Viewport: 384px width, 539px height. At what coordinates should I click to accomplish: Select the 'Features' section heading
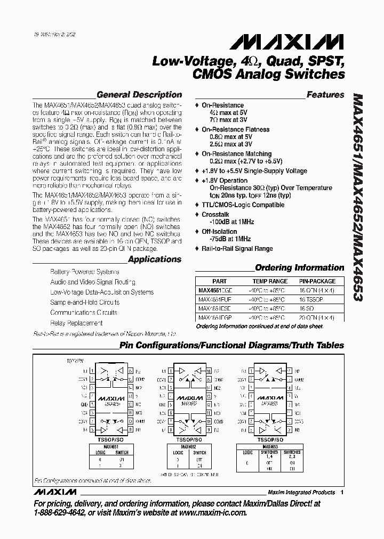point(325,95)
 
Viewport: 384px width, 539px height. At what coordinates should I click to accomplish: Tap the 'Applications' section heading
point(155,259)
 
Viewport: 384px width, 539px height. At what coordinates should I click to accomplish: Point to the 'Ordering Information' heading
point(300,267)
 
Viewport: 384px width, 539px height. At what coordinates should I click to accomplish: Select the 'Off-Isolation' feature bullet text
point(219,232)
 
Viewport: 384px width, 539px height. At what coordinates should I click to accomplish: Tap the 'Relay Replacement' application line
point(76,323)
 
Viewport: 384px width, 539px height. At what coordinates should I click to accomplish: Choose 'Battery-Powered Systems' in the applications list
point(85,272)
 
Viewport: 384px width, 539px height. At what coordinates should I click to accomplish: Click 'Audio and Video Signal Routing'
point(93,282)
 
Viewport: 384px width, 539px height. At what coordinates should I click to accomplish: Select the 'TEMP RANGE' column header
point(270,281)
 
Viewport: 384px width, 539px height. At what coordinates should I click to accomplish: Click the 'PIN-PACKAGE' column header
point(317,281)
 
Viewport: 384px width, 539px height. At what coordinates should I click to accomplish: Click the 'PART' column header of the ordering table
point(219,281)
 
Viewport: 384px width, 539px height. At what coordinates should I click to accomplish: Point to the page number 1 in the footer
point(342,492)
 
